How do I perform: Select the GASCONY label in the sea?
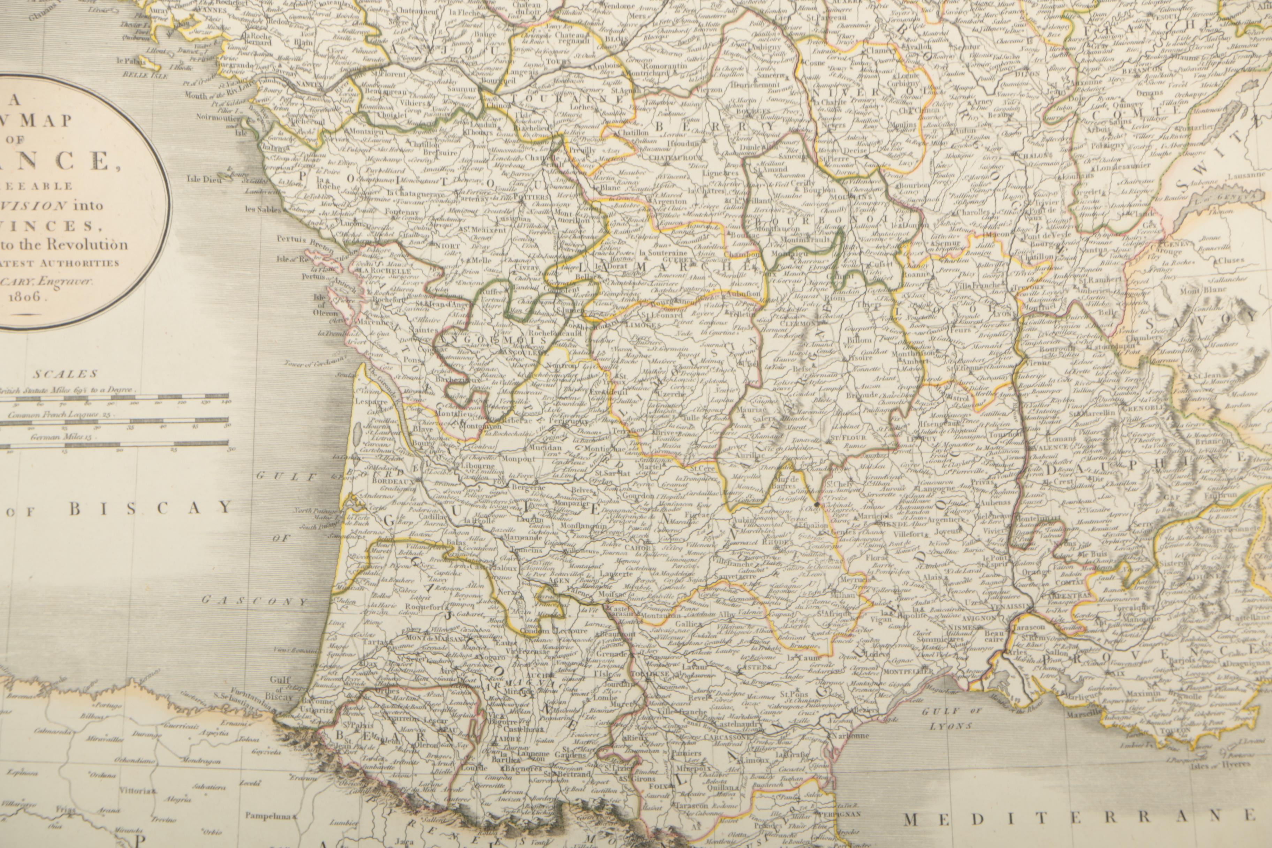(x=254, y=600)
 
